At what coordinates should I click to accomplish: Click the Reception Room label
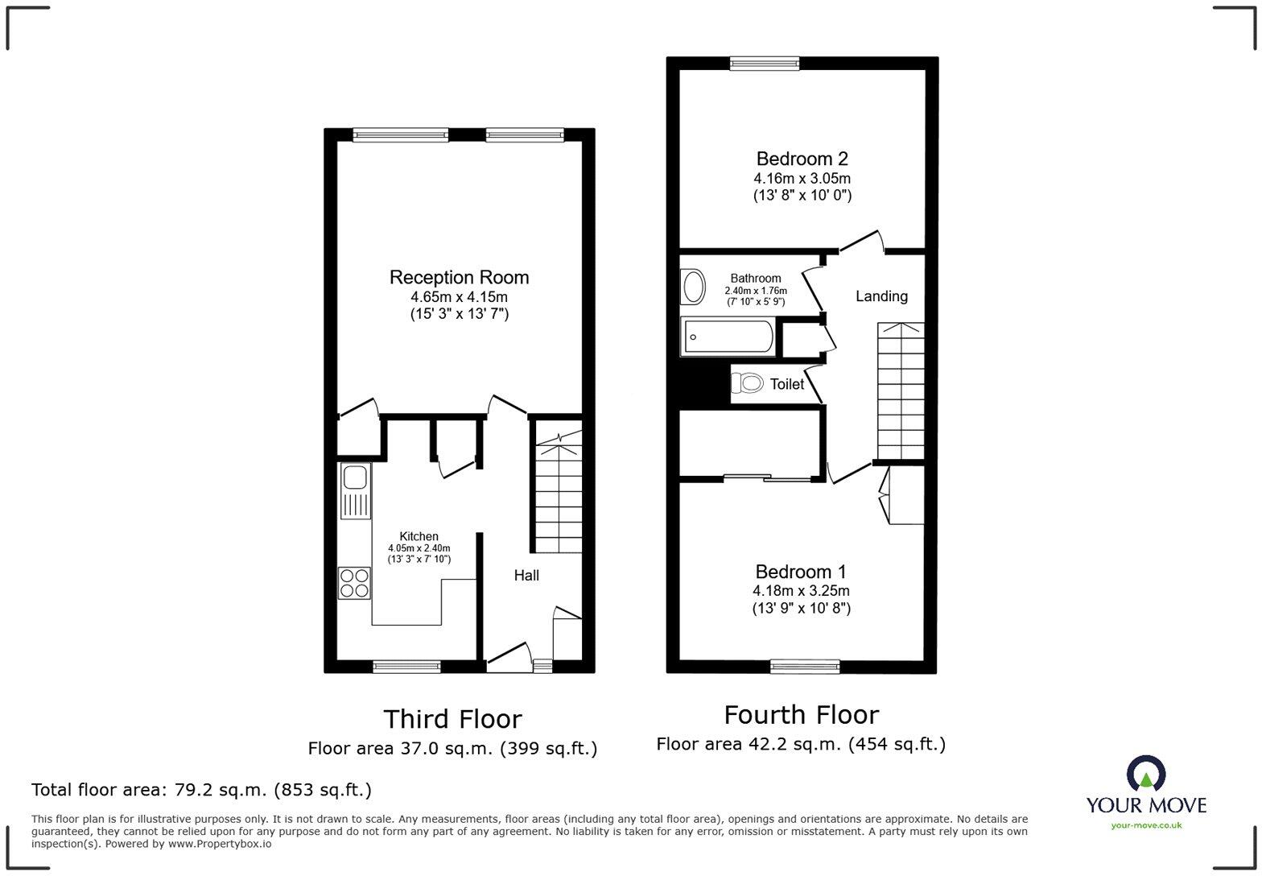point(459,278)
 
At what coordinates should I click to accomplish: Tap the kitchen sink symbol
point(355,491)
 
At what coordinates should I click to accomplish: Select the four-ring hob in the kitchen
point(355,583)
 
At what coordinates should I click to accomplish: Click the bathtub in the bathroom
point(728,337)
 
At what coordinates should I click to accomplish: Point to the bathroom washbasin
point(692,287)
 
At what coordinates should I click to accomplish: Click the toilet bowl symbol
point(748,382)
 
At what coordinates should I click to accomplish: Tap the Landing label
point(881,296)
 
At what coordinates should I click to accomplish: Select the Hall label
point(526,576)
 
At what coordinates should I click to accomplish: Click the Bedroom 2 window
point(765,63)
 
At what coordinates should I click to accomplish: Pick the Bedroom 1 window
point(805,666)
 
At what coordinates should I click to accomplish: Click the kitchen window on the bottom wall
point(406,666)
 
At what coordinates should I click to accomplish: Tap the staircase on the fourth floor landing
point(901,390)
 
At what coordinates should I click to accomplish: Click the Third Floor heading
point(452,718)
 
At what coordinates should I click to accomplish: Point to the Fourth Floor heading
point(801,714)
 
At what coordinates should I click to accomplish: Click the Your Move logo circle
point(1146,775)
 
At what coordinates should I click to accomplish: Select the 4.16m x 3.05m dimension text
point(802,178)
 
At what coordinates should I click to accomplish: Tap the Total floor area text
point(201,790)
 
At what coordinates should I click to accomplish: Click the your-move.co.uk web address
point(1146,824)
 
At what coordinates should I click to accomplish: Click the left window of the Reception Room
point(400,135)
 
